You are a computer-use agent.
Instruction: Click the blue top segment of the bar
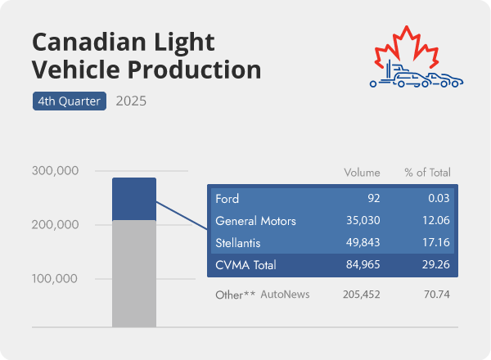(134, 199)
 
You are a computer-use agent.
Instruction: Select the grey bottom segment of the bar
(134, 273)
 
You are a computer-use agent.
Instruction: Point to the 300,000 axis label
(55, 171)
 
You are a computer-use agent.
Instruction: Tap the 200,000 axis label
(55, 225)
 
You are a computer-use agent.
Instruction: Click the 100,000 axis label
(55, 278)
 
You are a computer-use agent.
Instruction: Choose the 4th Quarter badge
(70, 101)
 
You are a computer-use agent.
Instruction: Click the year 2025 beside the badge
(132, 101)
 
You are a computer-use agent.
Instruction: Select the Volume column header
(362, 173)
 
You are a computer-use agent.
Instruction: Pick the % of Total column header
(427, 173)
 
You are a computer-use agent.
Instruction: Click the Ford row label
(227, 199)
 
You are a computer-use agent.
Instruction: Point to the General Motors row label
(255, 221)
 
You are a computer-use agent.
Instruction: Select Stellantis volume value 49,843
(361, 243)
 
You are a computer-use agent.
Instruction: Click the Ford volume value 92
(373, 199)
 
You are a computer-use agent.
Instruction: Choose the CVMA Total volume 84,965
(361, 265)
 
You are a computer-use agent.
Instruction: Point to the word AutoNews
(285, 294)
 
